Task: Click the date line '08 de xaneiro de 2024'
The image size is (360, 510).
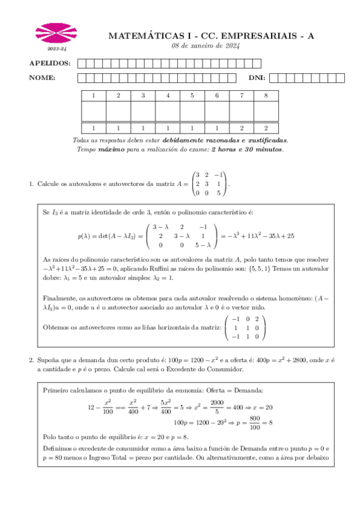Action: (x=206, y=46)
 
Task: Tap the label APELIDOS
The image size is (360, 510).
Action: (x=50, y=63)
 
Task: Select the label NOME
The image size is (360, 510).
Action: (x=43, y=78)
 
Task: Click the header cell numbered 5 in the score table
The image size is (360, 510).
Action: (x=192, y=96)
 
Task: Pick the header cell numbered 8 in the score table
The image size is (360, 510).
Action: (x=266, y=96)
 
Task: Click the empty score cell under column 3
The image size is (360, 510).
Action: (x=142, y=111)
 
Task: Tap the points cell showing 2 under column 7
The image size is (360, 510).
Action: (x=241, y=127)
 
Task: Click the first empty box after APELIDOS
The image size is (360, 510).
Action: (x=82, y=63)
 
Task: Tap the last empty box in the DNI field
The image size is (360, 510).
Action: (x=341, y=78)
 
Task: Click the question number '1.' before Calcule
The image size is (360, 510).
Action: (x=32, y=183)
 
